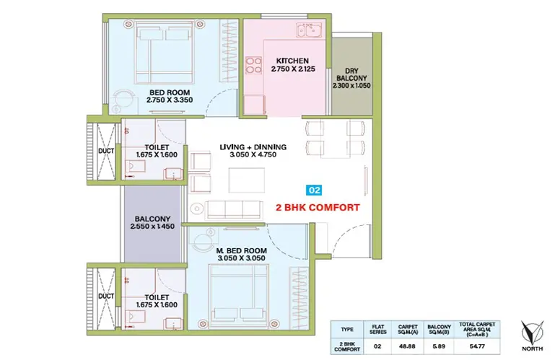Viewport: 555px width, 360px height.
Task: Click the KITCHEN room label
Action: [292, 61]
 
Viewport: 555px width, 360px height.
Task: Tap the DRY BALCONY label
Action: [351, 74]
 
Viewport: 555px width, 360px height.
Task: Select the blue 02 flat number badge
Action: [314, 190]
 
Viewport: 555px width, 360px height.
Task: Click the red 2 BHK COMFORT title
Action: [318, 208]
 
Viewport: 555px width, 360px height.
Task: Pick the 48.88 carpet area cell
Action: [407, 346]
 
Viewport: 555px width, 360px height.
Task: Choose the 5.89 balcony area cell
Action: [439, 346]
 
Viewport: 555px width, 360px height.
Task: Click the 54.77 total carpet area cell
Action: [477, 346]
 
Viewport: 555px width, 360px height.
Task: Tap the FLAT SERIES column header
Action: [377, 329]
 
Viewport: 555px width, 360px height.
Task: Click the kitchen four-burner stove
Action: [254, 65]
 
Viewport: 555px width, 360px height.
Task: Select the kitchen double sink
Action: [309, 30]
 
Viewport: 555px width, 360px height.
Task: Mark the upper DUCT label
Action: [106, 151]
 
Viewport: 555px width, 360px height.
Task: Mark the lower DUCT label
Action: [106, 296]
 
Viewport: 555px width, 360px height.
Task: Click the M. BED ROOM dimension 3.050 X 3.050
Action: [241, 258]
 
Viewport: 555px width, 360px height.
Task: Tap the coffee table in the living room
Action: [246, 180]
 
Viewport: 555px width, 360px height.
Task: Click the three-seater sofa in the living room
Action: [234, 210]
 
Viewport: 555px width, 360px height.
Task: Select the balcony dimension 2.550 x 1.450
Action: [152, 227]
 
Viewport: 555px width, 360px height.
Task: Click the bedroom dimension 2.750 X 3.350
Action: [170, 100]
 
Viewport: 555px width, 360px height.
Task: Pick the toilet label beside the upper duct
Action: [157, 147]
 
